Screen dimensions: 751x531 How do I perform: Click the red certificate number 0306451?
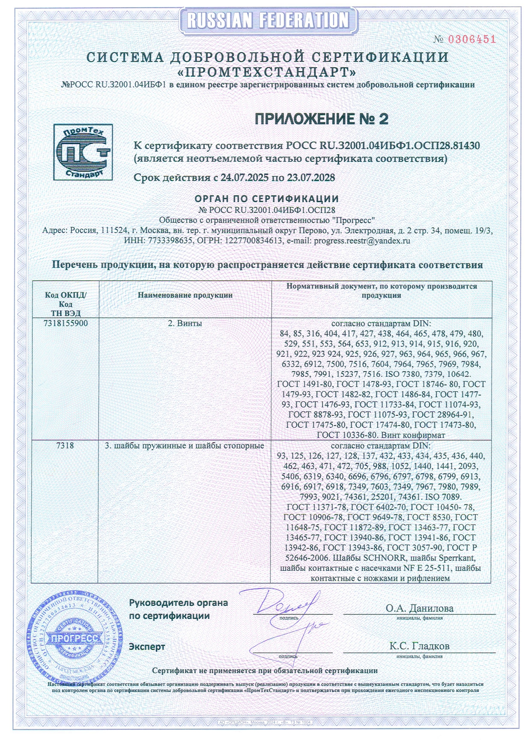(471, 39)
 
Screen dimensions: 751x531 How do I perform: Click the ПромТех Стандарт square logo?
(83, 152)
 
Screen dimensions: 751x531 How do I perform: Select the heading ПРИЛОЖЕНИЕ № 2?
(322, 119)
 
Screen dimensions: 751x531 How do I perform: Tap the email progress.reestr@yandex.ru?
(362, 241)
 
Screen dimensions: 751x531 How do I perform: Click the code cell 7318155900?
(66, 323)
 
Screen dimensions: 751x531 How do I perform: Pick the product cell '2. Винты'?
(185, 323)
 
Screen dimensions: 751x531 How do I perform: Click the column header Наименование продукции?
(185, 295)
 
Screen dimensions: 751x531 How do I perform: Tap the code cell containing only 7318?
(65, 446)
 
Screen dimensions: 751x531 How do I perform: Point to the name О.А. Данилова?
(419, 608)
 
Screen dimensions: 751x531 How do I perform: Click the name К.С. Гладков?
(419, 646)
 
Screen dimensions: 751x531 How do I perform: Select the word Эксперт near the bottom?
(147, 647)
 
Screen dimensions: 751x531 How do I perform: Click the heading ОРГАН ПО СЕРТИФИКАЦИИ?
(267, 199)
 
